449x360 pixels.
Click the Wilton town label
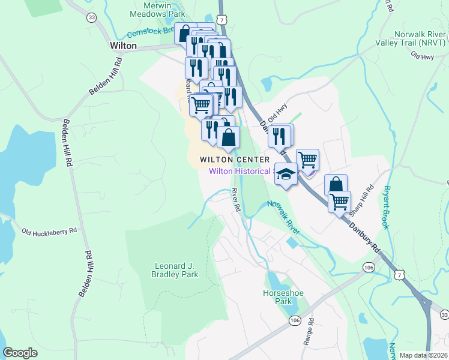[x=123, y=46]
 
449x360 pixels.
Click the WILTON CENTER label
[x=235, y=160]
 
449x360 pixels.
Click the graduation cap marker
[x=286, y=174]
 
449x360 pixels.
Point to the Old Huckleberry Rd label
[x=49, y=230]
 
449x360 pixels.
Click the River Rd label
[x=236, y=200]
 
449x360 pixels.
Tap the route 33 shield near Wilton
[x=91, y=18]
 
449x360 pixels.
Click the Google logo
[x=20, y=353]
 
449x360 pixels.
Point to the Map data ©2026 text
[x=423, y=355]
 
